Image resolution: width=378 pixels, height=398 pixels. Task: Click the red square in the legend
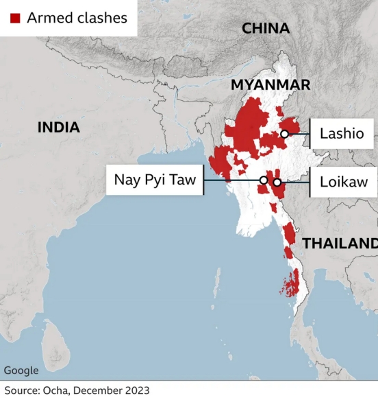click(x=14, y=18)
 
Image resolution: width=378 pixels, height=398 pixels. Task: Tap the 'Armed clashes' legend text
click(x=77, y=18)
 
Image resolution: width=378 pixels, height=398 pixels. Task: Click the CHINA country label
click(x=266, y=28)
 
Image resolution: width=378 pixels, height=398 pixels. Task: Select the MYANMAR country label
click(x=270, y=84)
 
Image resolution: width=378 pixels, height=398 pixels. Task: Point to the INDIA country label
click(x=58, y=128)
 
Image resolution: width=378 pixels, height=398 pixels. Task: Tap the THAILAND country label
click(x=340, y=244)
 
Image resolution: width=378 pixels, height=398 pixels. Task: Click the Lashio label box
click(x=342, y=133)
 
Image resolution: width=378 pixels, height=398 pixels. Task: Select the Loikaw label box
click(x=343, y=182)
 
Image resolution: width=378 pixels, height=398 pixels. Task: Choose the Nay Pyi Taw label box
click(x=155, y=180)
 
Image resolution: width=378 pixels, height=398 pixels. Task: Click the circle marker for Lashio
click(x=283, y=134)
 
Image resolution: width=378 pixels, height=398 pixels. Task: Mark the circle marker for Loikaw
click(x=277, y=183)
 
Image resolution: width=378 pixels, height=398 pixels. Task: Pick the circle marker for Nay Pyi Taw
click(x=264, y=180)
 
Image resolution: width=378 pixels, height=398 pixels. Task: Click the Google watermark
click(x=21, y=371)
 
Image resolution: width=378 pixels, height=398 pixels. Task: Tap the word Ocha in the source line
click(x=55, y=390)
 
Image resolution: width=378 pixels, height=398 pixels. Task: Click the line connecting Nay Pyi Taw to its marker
click(x=233, y=180)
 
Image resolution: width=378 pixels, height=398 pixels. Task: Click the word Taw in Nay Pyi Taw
click(x=184, y=180)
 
